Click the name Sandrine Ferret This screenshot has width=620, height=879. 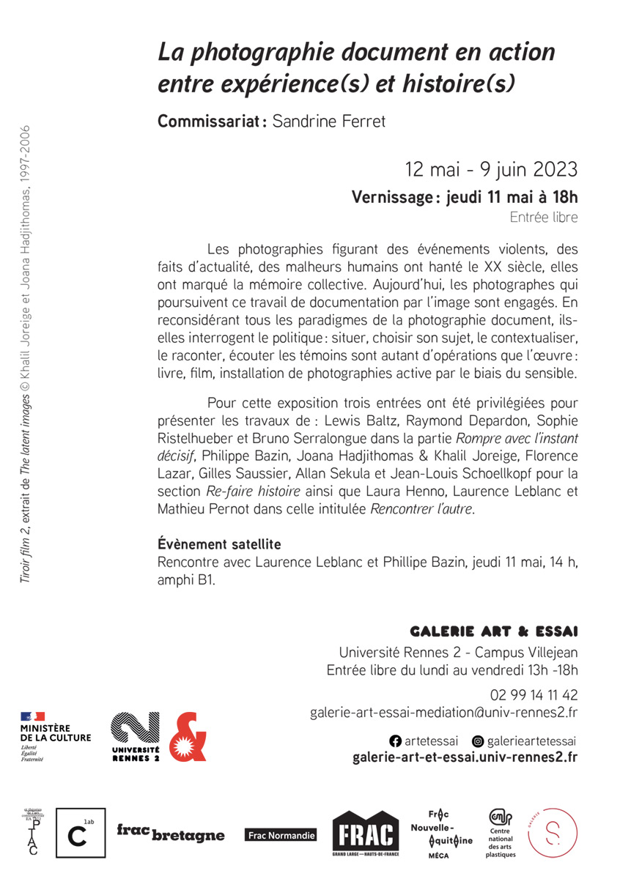(329, 121)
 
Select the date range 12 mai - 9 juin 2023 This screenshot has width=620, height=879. (491, 170)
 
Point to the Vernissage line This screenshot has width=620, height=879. (465, 197)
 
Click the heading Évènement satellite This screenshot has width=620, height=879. (219, 545)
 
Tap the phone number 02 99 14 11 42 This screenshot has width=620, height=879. (534, 694)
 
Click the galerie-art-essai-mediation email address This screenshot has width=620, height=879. (443, 712)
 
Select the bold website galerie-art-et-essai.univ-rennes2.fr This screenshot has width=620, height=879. (465, 757)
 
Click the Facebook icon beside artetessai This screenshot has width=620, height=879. (395, 741)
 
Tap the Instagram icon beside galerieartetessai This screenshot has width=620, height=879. (478, 741)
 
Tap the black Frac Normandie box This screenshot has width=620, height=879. (281, 835)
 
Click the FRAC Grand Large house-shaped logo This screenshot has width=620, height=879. (366, 835)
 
